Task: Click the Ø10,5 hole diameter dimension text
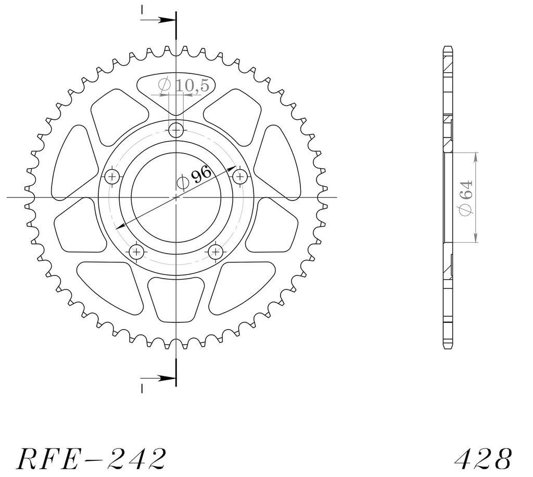184,85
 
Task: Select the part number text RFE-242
91,459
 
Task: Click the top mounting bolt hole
176,130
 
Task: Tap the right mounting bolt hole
240,177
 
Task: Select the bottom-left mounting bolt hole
137,252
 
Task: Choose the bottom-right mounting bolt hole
215,252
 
